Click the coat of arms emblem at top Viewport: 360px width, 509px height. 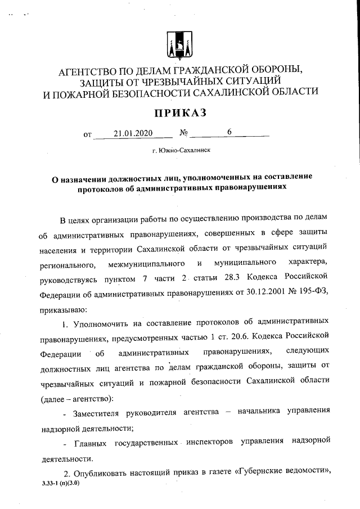(x=180, y=44)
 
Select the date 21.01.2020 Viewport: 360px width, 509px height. (x=133, y=133)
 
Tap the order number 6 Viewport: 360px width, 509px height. (x=229, y=133)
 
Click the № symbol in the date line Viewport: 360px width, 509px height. (x=183, y=134)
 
